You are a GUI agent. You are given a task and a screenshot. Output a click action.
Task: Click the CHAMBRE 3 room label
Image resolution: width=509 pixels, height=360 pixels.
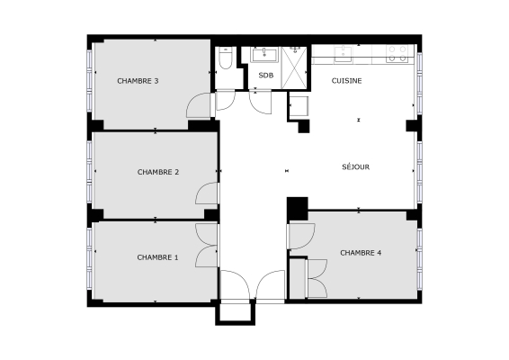(138, 81)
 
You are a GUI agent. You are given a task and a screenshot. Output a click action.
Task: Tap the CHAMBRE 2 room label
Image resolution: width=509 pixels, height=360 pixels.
(158, 171)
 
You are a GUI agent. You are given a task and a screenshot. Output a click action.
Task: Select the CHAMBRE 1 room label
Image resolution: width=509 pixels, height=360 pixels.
(157, 257)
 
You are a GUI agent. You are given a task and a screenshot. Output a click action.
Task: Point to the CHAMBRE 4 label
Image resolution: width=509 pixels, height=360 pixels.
(361, 253)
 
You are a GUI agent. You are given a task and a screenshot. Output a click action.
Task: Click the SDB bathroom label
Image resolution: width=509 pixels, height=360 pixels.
(265, 76)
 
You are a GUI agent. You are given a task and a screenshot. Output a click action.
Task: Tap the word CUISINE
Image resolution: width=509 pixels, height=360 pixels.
(346, 81)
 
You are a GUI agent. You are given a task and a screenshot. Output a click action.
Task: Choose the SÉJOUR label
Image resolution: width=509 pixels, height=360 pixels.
(356, 166)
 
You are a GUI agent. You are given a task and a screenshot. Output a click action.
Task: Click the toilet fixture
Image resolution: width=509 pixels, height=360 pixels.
(226, 59)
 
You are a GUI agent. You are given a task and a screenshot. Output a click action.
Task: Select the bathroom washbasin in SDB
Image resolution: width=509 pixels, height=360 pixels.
(267, 54)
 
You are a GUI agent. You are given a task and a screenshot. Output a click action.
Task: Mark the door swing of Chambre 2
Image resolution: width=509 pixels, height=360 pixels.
(208, 193)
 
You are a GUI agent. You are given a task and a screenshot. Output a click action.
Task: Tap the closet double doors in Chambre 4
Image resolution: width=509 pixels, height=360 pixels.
(316, 276)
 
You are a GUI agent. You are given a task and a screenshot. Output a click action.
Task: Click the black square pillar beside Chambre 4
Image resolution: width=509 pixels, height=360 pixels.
(296, 208)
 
